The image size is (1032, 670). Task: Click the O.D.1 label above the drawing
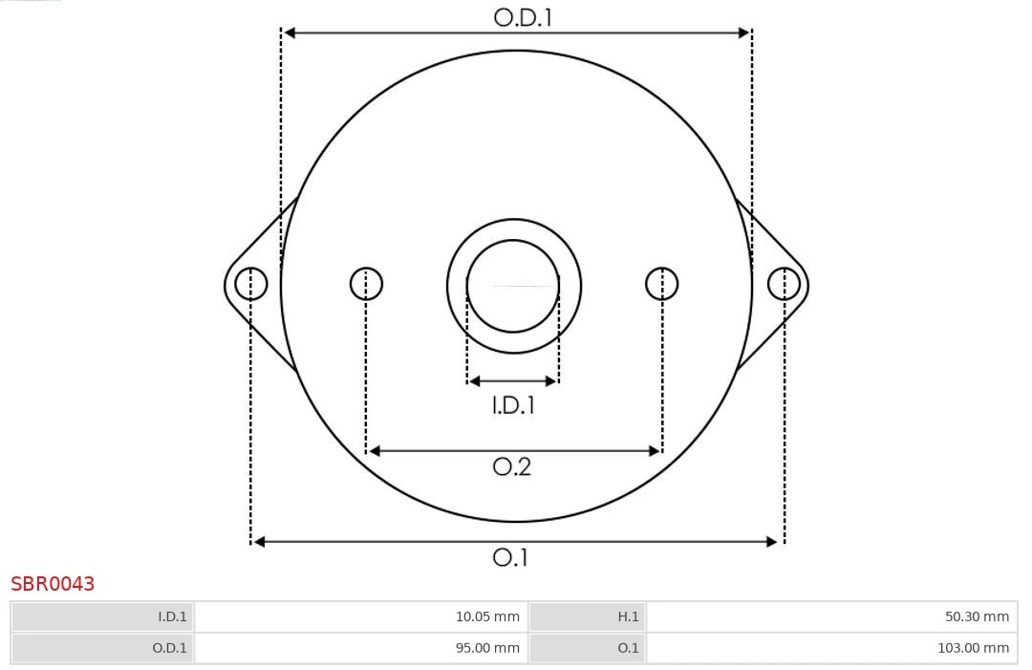pyautogui.click(x=523, y=16)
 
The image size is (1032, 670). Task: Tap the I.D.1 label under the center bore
pyautogui.click(x=513, y=405)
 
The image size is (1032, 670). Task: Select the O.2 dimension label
pyautogui.click(x=511, y=466)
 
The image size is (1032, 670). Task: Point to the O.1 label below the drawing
pyautogui.click(x=510, y=557)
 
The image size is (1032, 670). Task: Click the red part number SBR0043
pyautogui.click(x=53, y=584)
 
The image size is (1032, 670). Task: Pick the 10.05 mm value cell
pyautogui.click(x=361, y=616)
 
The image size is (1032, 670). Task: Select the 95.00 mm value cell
pyautogui.click(x=361, y=648)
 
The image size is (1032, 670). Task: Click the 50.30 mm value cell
pyautogui.click(x=831, y=616)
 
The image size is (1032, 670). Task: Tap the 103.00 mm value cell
pyautogui.click(x=831, y=648)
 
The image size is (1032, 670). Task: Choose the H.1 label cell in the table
pyautogui.click(x=588, y=616)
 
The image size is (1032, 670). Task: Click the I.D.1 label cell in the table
pyautogui.click(x=103, y=616)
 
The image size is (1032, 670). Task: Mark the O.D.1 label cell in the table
pyautogui.click(x=103, y=648)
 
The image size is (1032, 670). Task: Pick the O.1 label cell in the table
pyautogui.click(x=588, y=648)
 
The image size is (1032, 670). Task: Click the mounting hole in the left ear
pyautogui.click(x=251, y=284)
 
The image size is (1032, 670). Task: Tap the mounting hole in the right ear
pyautogui.click(x=784, y=284)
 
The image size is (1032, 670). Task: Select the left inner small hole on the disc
pyautogui.click(x=366, y=284)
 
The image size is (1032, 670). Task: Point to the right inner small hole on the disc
pyautogui.click(x=662, y=284)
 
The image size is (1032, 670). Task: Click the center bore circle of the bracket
pyautogui.click(x=513, y=286)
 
